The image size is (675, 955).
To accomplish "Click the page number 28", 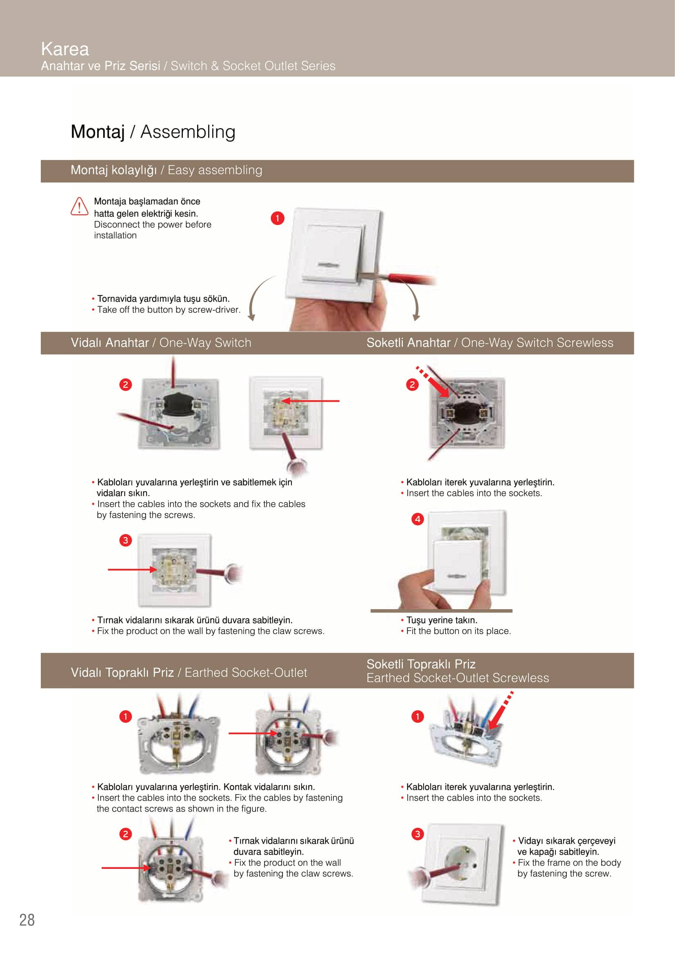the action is pyautogui.click(x=27, y=919).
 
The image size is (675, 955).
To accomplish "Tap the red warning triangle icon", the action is pyautogui.click(x=79, y=206).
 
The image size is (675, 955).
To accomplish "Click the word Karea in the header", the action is pyautogui.click(x=65, y=49).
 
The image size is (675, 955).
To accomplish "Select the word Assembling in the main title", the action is pyautogui.click(x=188, y=132).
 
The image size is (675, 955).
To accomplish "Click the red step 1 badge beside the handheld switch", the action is pyautogui.click(x=277, y=218).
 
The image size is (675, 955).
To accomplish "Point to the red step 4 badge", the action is pyautogui.click(x=417, y=519).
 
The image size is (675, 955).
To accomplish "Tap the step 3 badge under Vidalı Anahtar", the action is pyautogui.click(x=125, y=540).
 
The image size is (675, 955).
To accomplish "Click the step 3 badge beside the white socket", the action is pyautogui.click(x=417, y=834).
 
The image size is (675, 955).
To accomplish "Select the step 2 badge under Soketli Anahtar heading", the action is pyautogui.click(x=412, y=384).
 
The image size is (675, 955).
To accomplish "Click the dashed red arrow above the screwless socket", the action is pyautogui.click(x=501, y=711).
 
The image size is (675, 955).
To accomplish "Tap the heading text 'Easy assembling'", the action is pyautogui.click(x=215, y=170).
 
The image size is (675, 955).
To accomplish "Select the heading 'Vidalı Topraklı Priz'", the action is pyautogui.click(x=122, y=672).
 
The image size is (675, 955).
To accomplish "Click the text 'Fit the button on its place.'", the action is pyautogui.click(x=458, y=631).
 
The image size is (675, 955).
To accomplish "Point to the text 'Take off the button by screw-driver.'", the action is pyautogui.click(x=169, y=309).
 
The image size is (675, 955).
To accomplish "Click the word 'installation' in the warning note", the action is pyautogui.click(x=115, y=236).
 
